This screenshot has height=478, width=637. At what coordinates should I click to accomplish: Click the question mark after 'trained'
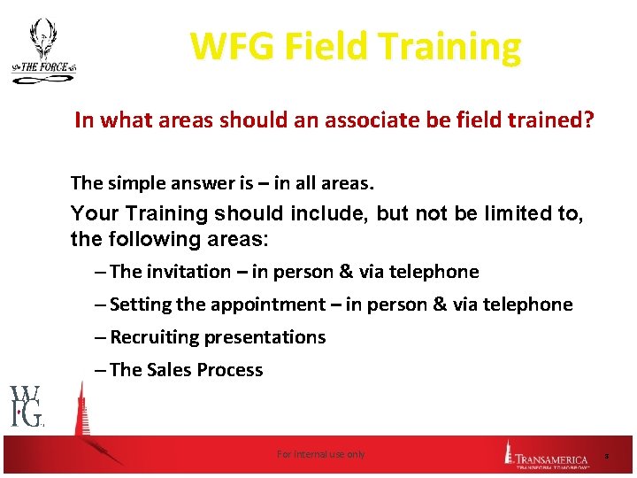pos(588,119)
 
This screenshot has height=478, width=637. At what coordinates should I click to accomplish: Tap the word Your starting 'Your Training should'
pos(91,213)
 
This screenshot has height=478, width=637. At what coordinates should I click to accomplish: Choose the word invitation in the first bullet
pos(187,272)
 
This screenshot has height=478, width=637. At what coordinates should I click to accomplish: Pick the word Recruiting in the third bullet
pos(155,337)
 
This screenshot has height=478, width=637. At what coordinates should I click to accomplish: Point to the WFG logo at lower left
pos(27,406)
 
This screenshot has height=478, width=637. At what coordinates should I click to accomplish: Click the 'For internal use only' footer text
pos(320,454)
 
